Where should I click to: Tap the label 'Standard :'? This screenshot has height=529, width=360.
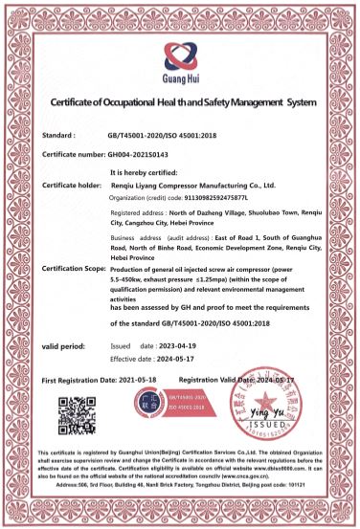click(x=65, y=136)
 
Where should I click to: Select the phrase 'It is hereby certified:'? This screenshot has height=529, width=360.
click(x=146, y=172)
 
